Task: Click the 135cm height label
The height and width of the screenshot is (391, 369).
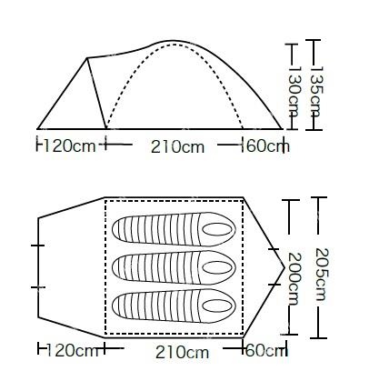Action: (x=316, y=92)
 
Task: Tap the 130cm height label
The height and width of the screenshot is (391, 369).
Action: (x=294, y=92)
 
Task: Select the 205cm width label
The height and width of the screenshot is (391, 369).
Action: (x=322, y=275)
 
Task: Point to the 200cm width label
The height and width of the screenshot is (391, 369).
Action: (x=294, y=279)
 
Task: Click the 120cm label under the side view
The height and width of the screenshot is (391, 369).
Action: (x=70, y=145)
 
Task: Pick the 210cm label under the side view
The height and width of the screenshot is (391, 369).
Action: (x=177, y=147)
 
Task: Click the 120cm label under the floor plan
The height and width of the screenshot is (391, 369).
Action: (x=73, y=351)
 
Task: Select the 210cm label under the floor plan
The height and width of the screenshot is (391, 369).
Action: (x=182, y=352)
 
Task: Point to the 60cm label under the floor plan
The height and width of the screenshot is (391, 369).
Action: (x=265, y=351)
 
